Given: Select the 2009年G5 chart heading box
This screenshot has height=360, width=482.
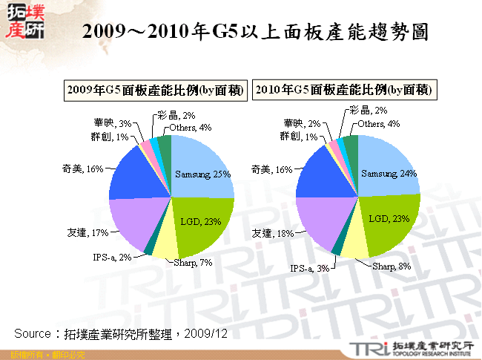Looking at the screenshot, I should click(155, 90).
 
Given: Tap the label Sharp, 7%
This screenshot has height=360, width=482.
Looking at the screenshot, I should click(193, 263).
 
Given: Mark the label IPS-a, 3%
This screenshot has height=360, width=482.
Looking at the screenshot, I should click(308, 268).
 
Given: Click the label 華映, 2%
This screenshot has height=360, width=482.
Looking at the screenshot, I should click(302, 123).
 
